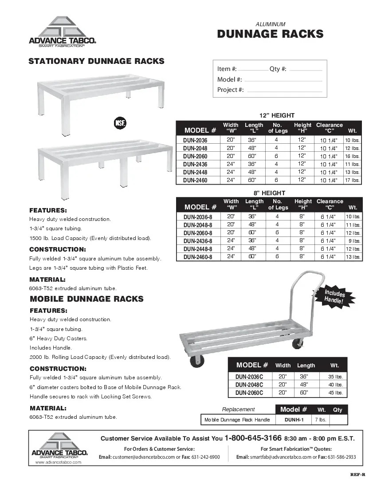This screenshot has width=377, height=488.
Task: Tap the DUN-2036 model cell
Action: coord(195,140)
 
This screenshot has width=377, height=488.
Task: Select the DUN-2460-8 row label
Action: coord(198,256)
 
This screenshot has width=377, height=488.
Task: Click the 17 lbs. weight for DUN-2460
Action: coord(352,180)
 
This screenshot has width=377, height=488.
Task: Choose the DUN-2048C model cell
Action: coord(249,385)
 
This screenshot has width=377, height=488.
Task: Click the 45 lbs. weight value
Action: coord(335,393)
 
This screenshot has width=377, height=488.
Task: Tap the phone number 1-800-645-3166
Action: coord(253,438)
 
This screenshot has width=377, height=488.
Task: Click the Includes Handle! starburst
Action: coord(334,297)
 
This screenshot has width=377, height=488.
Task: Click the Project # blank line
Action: coord(283,91)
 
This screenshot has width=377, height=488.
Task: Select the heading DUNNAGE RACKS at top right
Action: coord(270,35)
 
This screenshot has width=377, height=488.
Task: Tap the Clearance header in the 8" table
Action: coord(330,201)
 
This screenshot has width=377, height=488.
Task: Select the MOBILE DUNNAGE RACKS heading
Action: coord(86,299)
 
